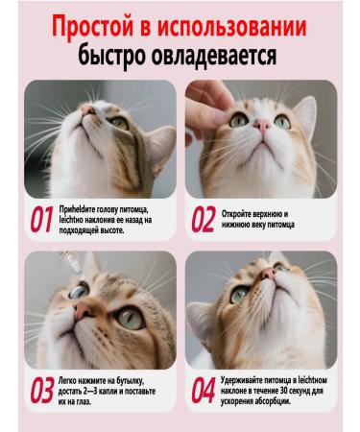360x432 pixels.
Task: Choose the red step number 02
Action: click(204, 221)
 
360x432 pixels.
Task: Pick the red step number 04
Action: click(204, 391)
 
